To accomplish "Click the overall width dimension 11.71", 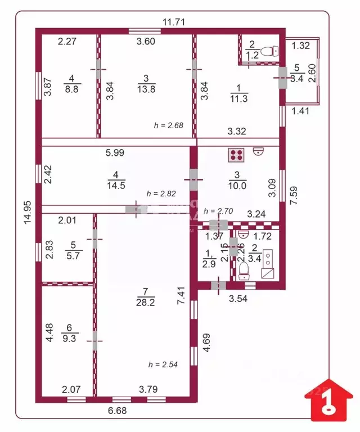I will (x=174, y=22).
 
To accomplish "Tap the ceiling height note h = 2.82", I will (x=161, y=193).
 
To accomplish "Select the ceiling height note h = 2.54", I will (x=163, y=364).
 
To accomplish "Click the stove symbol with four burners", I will (x=236, y=153).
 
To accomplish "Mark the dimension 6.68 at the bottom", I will (x=118, y=411).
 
